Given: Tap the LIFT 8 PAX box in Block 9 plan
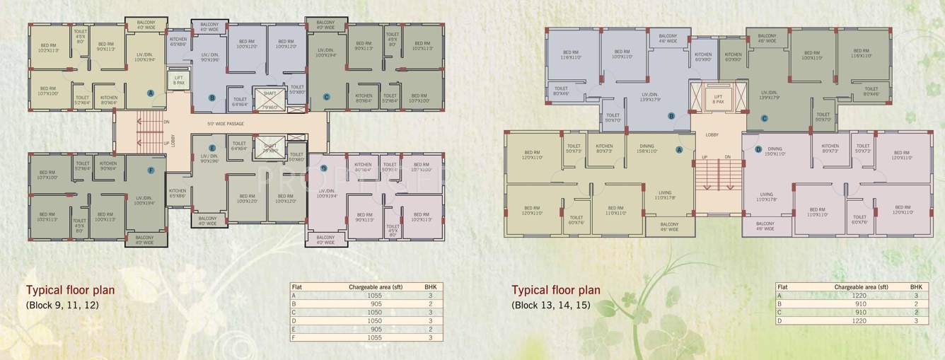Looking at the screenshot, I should (x=177, y=80).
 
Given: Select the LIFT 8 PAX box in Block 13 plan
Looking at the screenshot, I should (x=718, y=99).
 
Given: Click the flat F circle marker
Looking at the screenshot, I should (x=151, y=170).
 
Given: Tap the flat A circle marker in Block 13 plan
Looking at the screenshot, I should (x=679, y=149).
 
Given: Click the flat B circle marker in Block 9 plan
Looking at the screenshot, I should (x=211, y=98).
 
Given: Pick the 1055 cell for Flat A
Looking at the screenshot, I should (x=375, y=294).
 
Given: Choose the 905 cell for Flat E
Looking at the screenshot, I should (x=375, y=330).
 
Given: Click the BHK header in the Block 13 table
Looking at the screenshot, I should (x=915, y=287).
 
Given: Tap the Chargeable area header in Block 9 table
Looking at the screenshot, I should (x=375, y=286).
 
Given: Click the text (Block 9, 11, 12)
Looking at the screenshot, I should (x=62, y=306).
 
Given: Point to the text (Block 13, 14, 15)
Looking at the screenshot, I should (x=551, y=306).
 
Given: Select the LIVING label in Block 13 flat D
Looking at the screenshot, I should (x=767, y=194).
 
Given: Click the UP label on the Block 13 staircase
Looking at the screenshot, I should (x=705, y=157).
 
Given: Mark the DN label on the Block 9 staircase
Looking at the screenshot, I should (x=166, y=122).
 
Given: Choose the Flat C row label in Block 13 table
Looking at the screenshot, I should (x=780, y=312).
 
